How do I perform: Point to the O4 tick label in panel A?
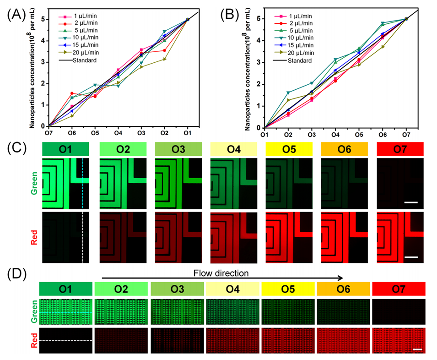pos(118,133)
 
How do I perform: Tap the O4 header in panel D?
pos(232,289)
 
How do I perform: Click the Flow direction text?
pos(221,273)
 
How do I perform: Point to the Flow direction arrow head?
pos(341,278)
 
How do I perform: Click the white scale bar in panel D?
pos(417,349)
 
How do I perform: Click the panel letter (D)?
pos(16,275)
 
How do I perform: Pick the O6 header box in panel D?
pos(344,289)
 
